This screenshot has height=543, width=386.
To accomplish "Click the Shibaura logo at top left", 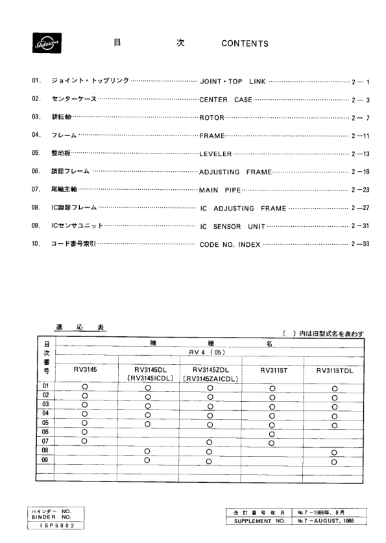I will click(44, 45).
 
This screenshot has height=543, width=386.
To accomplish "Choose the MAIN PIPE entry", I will click(220, 190).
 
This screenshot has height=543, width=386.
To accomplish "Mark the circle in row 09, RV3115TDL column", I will click(335, 461).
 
